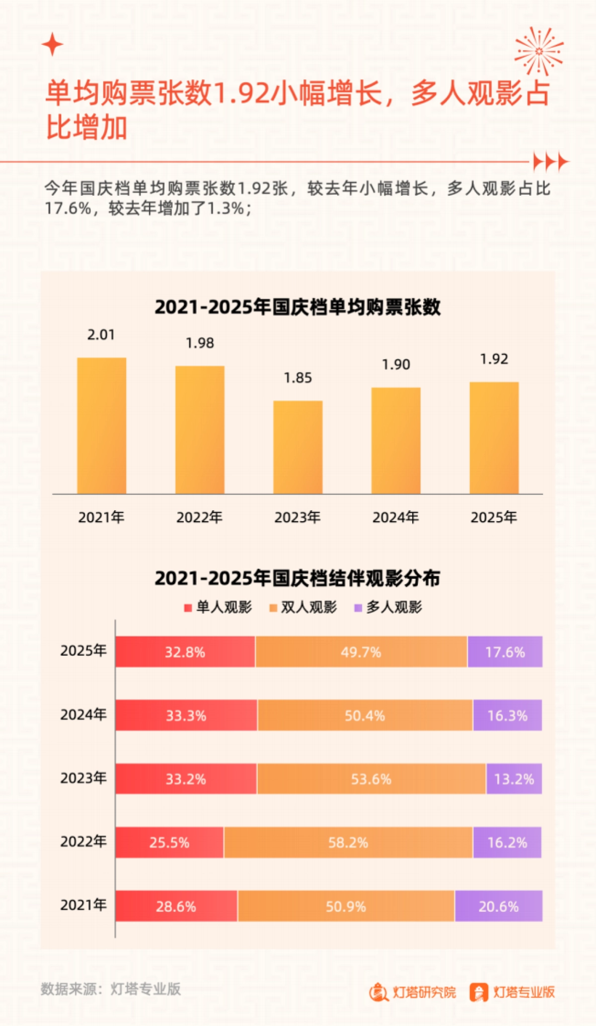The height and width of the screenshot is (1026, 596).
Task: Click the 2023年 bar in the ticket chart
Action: point(298,447)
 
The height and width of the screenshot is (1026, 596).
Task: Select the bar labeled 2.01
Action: point(101,425)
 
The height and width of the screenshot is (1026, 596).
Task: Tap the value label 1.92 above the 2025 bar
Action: point(494,359)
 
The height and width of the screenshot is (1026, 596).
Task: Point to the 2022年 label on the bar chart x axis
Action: point(199,517)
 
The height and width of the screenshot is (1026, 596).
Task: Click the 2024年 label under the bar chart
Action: point(395,517)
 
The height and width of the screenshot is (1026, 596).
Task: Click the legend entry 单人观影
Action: point(218,607)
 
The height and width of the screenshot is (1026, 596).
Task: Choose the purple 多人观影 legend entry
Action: point(388,607)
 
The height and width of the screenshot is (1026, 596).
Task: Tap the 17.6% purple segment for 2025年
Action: point(505,652)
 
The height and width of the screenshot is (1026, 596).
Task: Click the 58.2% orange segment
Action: point(348,843)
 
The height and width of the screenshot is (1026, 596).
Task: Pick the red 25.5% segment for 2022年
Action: point(169,843)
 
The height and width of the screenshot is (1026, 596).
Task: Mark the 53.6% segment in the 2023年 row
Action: point(371,779)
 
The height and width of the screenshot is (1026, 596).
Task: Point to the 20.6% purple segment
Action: point(498,906)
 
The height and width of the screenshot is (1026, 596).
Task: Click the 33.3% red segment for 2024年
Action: point(186,715)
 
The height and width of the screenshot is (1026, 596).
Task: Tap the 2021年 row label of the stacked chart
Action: point(83,905)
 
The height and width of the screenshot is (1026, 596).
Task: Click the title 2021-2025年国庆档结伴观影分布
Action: point(298,578)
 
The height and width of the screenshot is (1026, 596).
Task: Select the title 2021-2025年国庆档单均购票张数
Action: point(298,307)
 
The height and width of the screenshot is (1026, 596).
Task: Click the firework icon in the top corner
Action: point(539,51)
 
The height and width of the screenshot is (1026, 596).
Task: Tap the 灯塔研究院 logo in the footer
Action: point(413,992)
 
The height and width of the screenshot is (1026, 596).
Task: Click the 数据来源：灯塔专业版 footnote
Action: point(111,989)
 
